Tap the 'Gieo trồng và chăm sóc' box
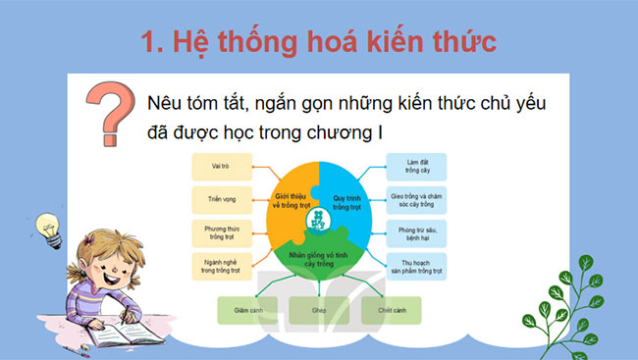tap(417, 198)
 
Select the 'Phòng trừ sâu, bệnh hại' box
tap(417, 231)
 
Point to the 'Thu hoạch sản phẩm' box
tap(417, 265)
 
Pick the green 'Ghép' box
tap(318, 310)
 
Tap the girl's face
tap(103, 265)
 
